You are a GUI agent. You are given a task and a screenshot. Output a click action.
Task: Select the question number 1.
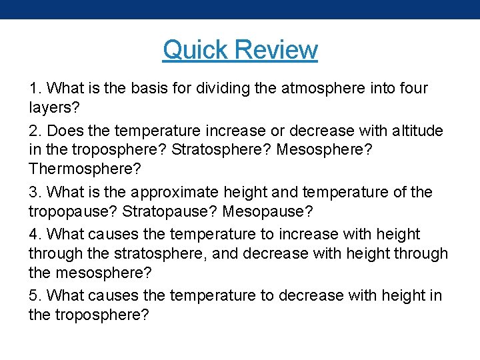[x=35, y=88]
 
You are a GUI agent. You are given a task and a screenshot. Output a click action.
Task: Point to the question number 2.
[x=35, y=131]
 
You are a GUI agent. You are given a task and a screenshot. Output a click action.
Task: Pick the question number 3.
[x=35, y=193]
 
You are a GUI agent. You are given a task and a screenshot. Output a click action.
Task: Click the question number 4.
[x=35, y=235]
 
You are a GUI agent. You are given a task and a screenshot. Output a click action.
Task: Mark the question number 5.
[x=35, y=295]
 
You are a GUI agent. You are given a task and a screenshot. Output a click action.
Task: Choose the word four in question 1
[x=413, y=88]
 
